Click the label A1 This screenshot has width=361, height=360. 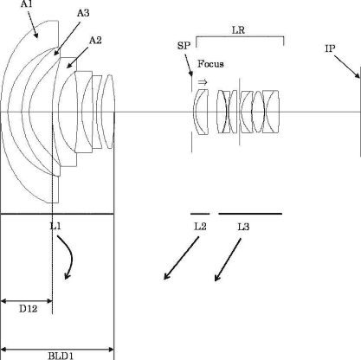[x=27, y=4]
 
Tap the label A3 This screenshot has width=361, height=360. [x=83, y=13]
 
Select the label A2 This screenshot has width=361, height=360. [x=95, y=41]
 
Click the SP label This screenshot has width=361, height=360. [x=184, y=46]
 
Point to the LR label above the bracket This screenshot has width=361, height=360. [x=238, y=30]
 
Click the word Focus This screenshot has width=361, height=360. [x=210, y=64]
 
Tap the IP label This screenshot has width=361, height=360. [x=330, y=48]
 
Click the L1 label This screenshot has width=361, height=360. [x=55, y=226]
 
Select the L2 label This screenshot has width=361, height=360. [x=200, y=227]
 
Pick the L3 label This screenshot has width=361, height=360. [x=243, y=227]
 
